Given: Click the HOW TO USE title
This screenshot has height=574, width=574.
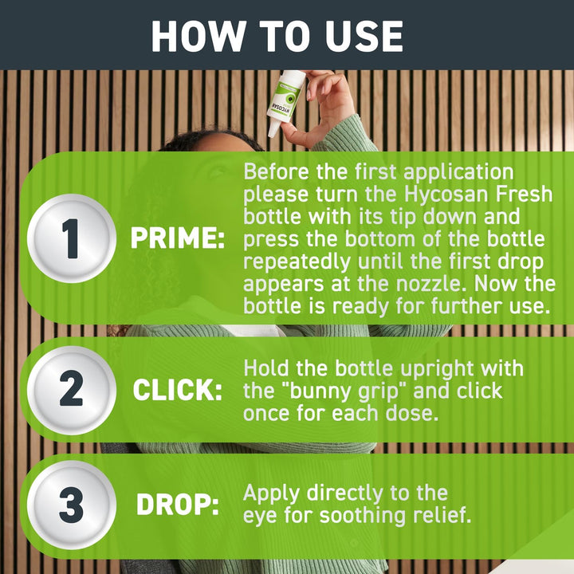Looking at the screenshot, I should (x=277, y=35).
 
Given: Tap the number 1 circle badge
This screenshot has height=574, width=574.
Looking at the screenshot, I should (x=72, y=238).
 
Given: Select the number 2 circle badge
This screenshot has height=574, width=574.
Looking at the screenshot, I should (x=72, y=390).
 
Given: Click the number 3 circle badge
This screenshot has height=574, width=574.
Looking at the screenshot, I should (x=72, y=505).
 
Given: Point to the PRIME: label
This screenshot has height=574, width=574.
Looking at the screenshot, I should (x=178, y=239).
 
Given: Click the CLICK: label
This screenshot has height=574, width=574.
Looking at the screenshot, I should (x=177, y=391).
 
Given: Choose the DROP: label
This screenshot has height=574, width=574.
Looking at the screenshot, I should (x=177, y=505).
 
